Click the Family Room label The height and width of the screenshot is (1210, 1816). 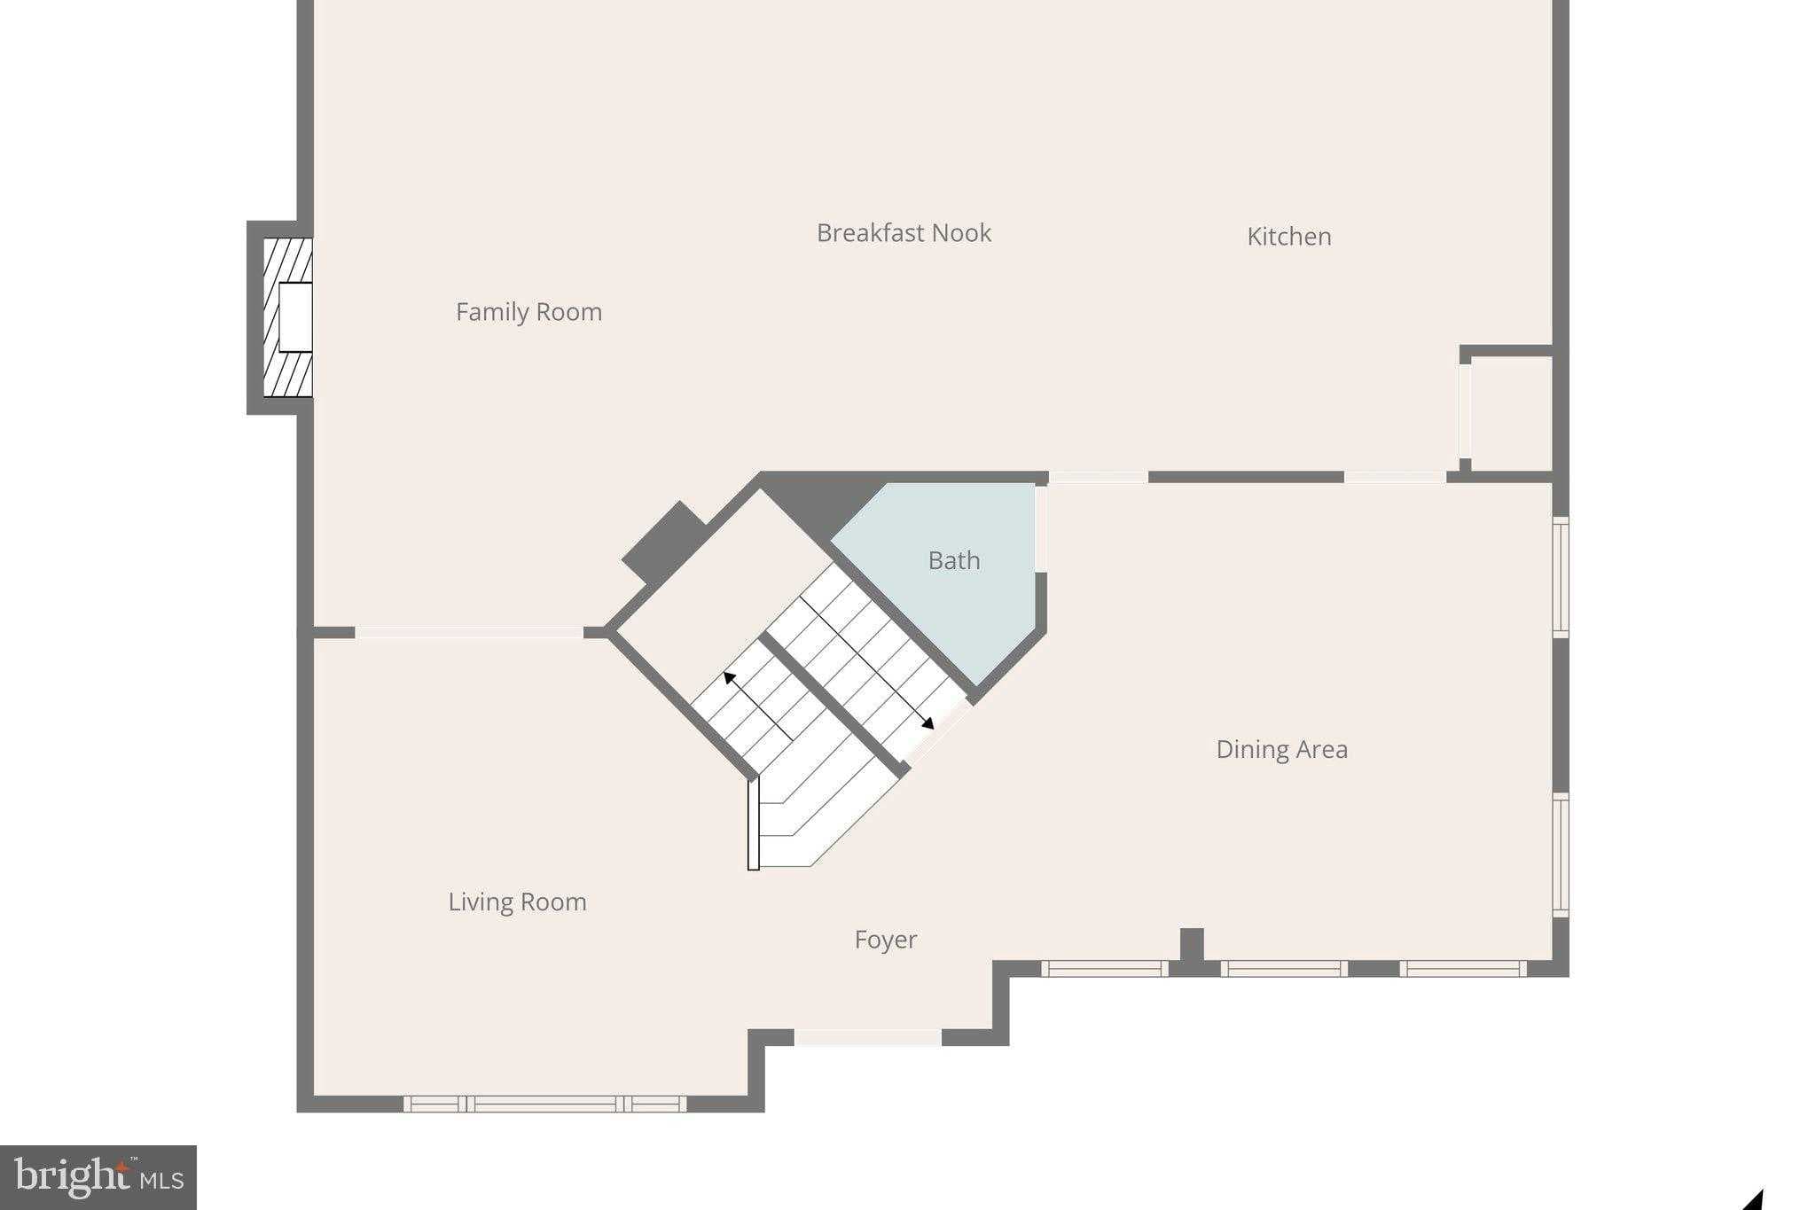528,312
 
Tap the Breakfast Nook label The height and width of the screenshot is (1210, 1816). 904,233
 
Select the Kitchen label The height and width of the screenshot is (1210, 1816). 1288,237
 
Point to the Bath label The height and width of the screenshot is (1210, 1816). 954,560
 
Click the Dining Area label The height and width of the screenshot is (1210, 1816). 1281,750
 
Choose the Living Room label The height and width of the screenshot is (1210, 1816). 517,902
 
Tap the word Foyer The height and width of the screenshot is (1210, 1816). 885,940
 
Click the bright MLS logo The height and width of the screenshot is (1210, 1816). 98,1177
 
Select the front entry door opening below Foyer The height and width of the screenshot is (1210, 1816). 867,1037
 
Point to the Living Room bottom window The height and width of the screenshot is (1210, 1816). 545,1104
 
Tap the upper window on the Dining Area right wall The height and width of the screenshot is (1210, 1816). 1561,576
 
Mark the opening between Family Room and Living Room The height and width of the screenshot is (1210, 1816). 468,632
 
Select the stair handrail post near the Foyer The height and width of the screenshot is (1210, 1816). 754,824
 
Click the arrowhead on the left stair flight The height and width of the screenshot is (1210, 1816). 729,678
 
